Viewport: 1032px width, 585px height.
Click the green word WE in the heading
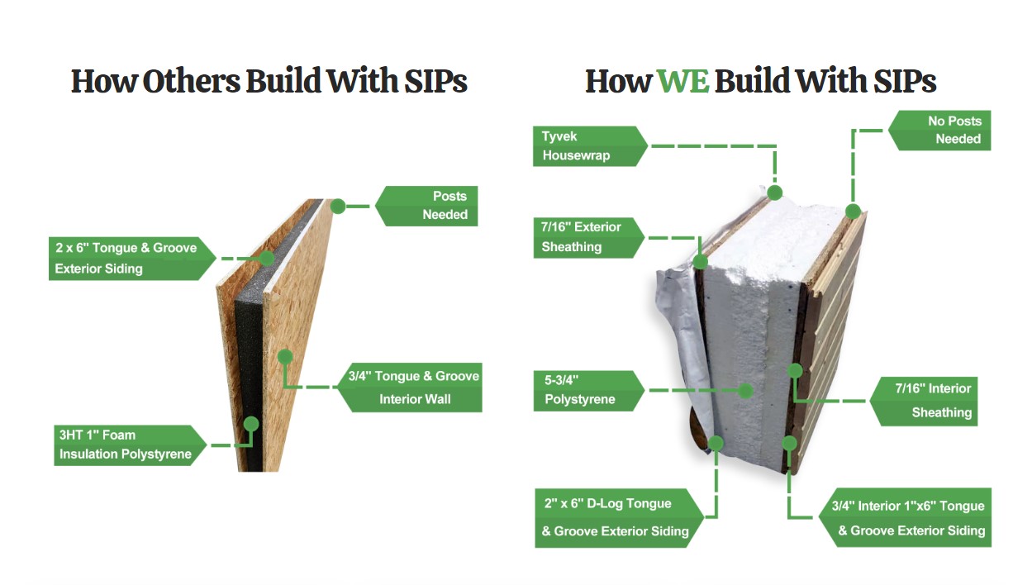pyautogui.click(x=682, y=81)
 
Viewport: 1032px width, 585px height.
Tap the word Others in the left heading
pyautogui.click(x=191, y=81)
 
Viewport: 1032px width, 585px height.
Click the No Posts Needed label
pyautogui.click(x=939, y=131)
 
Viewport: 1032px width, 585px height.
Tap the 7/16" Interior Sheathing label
pyautogui.click(x=924, y=402)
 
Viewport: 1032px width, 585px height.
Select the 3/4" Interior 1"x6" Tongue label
pyautogui.click(x=906, y=518)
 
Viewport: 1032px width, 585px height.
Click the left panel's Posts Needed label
pyautogui.click(x=426, y=206)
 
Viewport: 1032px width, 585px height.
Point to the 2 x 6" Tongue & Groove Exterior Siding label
pyautogui.click(x=132, y=259)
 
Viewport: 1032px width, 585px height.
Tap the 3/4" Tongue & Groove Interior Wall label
pyautogui.click(x=410, y=388)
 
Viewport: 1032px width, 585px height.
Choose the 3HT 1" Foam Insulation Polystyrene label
pyautogui.click(x=130, y=445)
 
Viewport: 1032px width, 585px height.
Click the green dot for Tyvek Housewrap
pyautogui.click(x=775, y=193)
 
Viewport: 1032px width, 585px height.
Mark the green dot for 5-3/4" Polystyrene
pyautogui.click(x=745, y=391)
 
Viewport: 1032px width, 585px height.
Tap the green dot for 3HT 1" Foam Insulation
pyautogui.click(x=251, y=424)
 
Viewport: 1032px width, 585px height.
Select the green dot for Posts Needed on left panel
pyautogui.click(x=338, y=207)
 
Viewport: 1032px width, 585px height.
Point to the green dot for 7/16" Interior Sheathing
pyautogui.click(x=796, y=371)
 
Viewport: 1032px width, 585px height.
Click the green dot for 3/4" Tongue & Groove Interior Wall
pyautogui.click(x=285, y=356)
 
